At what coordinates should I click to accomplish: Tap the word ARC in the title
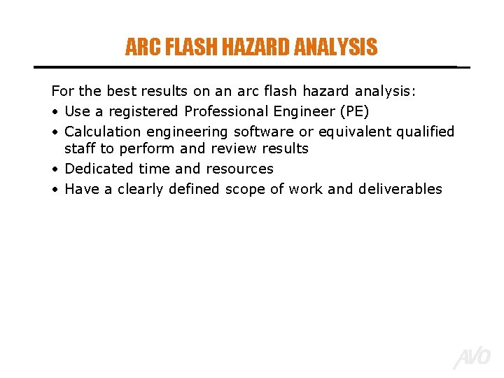click(x=138, y=48)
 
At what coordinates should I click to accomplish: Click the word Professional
click(x=226, y=111)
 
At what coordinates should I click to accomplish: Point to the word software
click(x=263, y=132)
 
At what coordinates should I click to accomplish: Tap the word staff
click(x=80, y=148)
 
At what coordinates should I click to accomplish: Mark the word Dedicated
click(x=99, y=169)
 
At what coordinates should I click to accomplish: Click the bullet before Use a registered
click(x=55, y=112)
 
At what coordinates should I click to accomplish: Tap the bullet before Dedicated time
click(x=55, y=169)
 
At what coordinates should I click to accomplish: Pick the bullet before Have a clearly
click(x=55, y=190)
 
